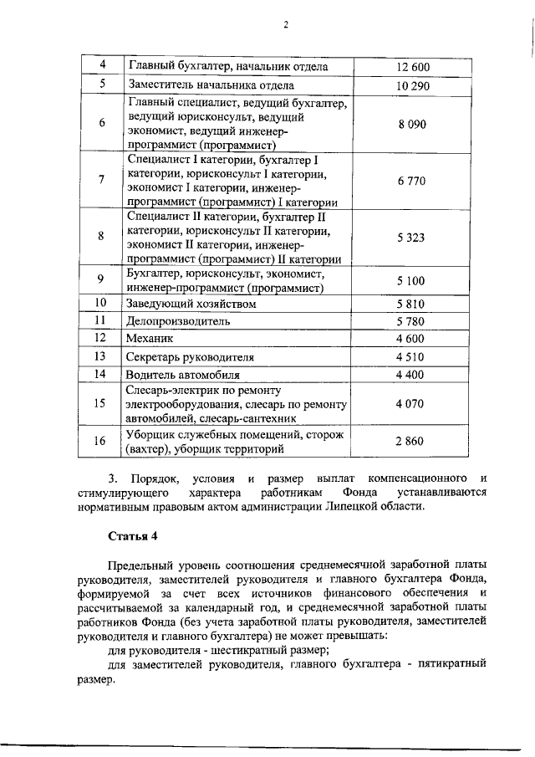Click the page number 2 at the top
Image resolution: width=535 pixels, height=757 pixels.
pyautogui.click(x=285, y=24)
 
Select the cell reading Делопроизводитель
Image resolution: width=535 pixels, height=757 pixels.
pyautogui.click(x=178, y=321)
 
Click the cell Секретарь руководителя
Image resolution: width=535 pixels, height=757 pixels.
pyautogui.click(x=190, y=357)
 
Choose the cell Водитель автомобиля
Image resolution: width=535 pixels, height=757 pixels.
pyautogui.click(x=183, y=375)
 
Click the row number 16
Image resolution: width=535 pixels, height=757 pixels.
pyautogui.click(x=100, y=442)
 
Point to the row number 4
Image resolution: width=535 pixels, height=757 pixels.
pyautogui.click(x=100, y=66)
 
